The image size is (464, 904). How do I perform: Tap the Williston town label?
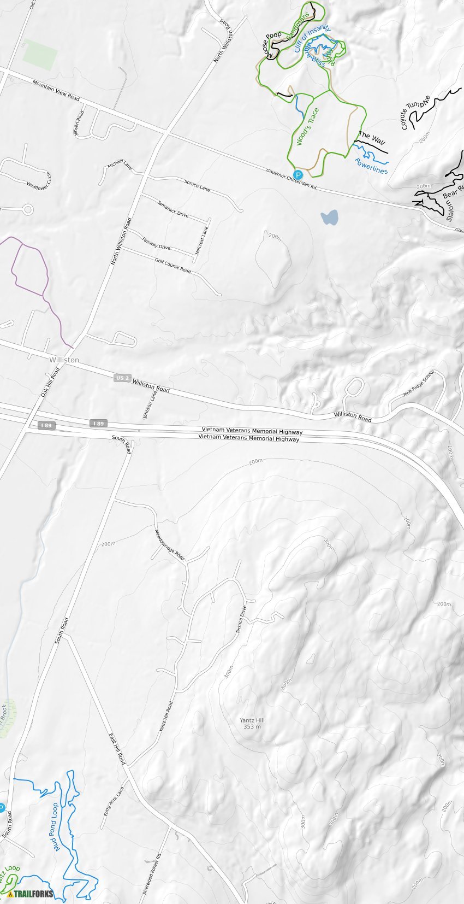click(64, 360)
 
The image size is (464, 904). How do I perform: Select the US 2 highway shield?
click(122, 378)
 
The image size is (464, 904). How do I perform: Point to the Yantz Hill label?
click(252, 723)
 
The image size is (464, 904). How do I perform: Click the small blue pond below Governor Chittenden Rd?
click(329, 218)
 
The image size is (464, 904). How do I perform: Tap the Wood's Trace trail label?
click(307, 127)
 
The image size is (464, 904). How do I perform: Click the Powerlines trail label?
click(371, 166)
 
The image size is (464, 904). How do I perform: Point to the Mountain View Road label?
click(56, 90)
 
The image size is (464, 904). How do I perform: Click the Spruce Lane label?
click(197, 186)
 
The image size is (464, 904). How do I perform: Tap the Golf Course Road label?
click(172, 266)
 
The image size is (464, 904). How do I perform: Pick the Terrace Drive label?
click(241, 620)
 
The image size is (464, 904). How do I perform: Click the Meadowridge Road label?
click(169, 545)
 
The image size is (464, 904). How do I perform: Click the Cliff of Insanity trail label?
click(312, 39)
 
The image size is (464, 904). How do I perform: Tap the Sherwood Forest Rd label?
click(152, 873)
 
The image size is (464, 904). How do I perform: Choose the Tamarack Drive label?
click(172, 209)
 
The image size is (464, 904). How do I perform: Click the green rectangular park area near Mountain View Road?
click(40, 55)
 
